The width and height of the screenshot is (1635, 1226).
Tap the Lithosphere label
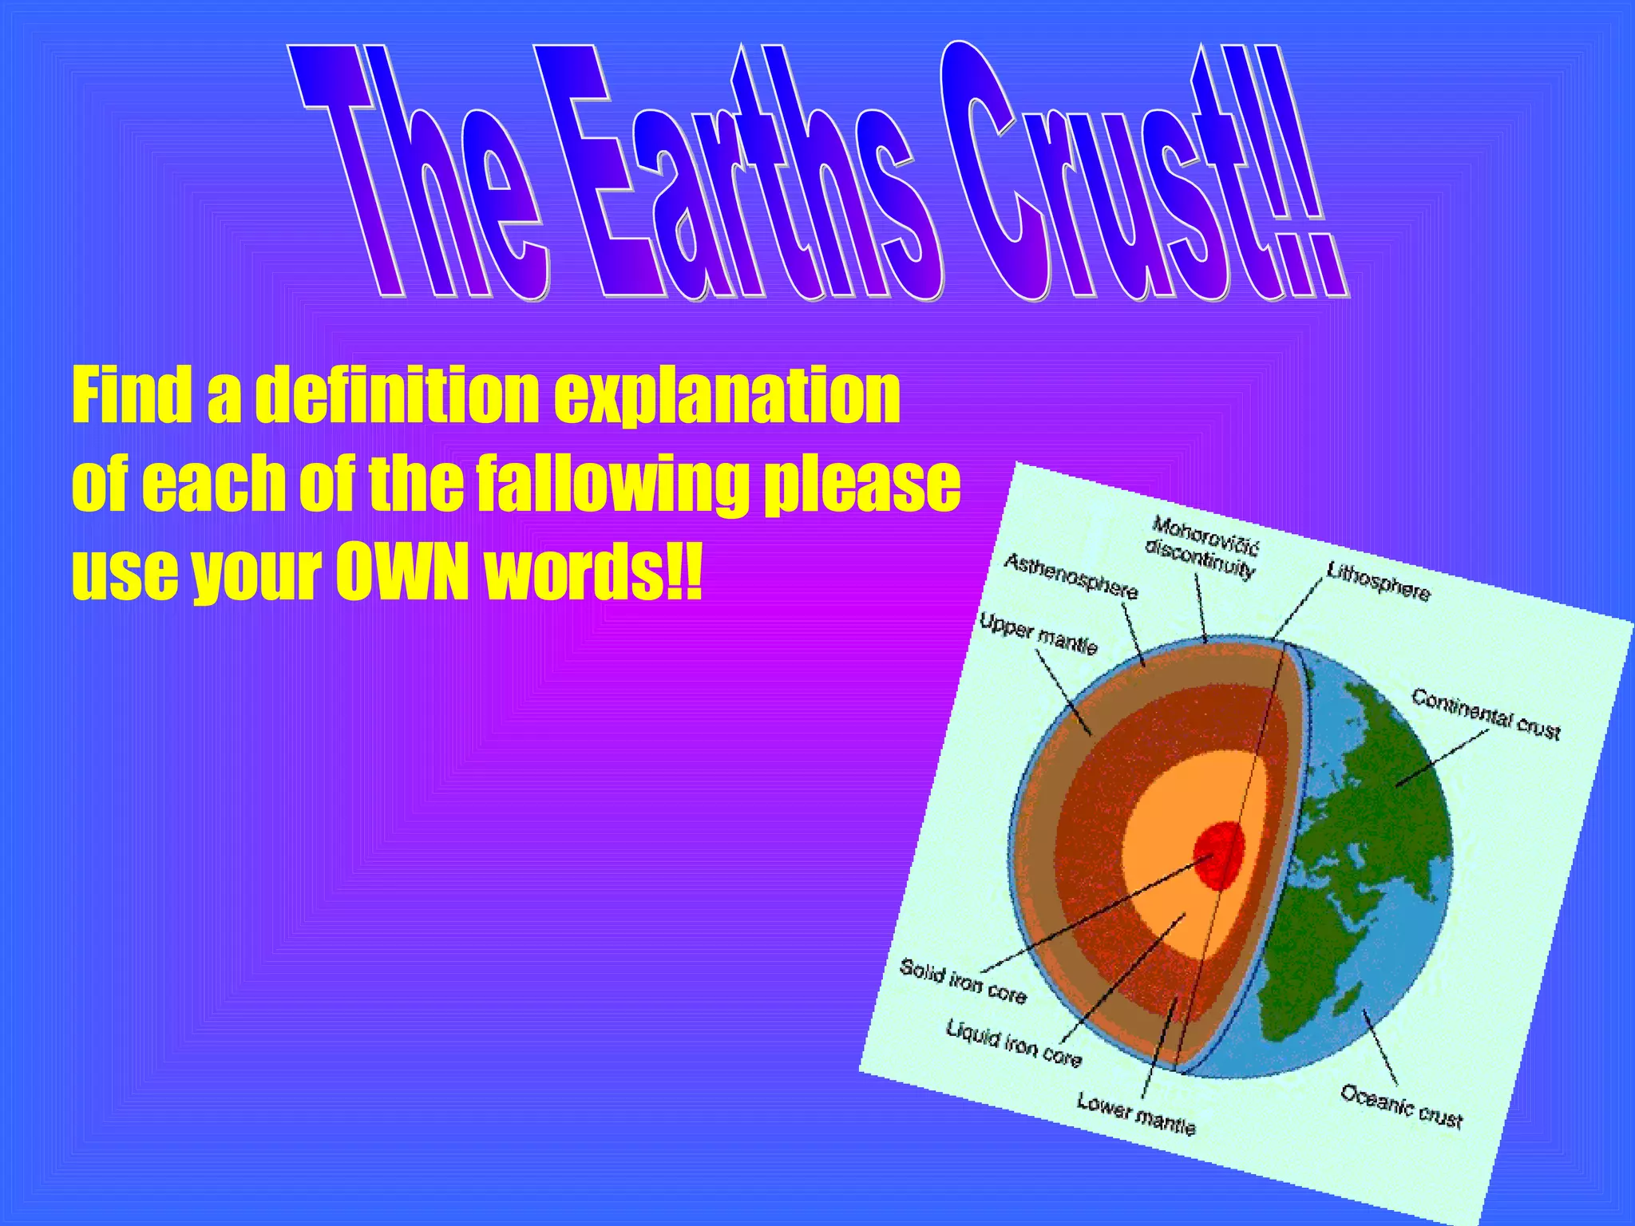pos(1379,581)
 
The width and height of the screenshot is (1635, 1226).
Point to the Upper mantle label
pos(1038,634)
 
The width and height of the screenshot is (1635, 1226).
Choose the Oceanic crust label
pos(1401,1106)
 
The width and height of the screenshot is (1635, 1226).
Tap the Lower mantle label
pos(1136,1113)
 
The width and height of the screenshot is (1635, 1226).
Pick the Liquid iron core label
pos(1014,1043)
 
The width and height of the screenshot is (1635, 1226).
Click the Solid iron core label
pos(963,981)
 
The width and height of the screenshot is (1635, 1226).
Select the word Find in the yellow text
pos(133,395)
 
